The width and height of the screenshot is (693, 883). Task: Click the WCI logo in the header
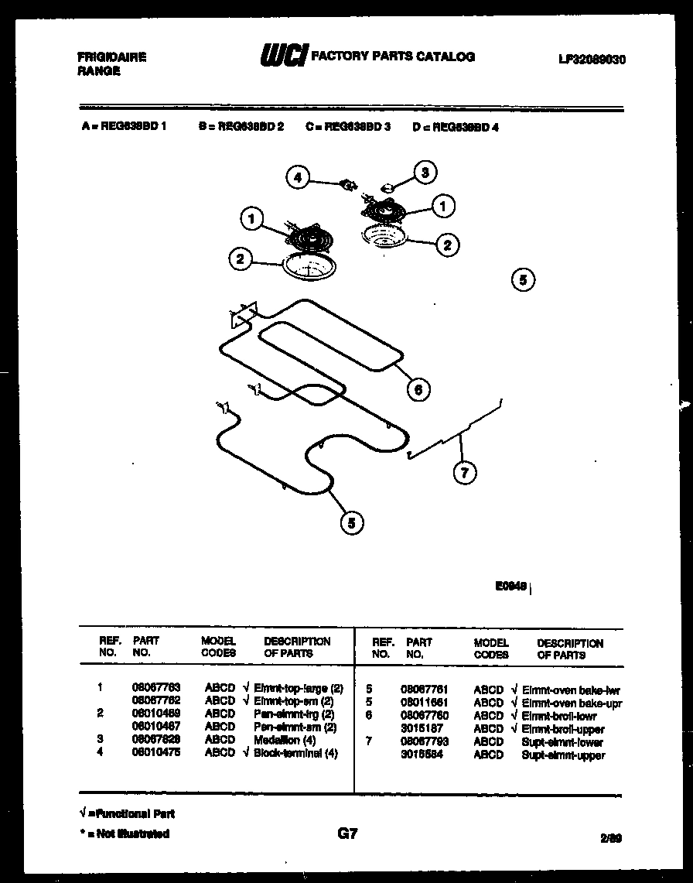282,56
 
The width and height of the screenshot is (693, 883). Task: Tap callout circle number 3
424,173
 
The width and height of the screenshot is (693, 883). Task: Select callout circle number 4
297,177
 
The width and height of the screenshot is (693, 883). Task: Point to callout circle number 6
418,389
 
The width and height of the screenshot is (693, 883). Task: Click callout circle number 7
464,472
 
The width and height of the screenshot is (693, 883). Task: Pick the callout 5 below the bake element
351,523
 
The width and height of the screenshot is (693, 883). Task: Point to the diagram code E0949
511,587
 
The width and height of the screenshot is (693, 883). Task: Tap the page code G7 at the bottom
347,833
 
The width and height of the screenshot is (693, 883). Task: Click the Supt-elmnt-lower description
562,742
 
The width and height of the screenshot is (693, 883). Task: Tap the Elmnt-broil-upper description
563,729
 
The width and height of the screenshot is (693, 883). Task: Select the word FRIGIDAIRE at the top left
112,57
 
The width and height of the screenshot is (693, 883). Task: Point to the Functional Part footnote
128,814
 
